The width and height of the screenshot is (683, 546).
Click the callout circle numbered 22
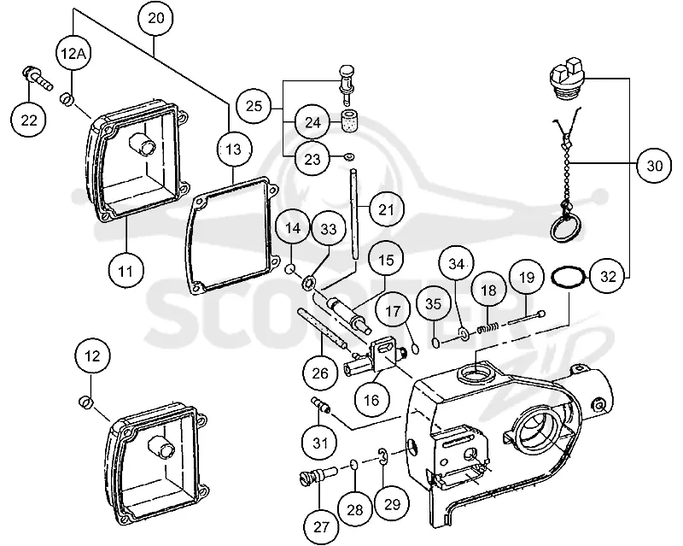[29, 120]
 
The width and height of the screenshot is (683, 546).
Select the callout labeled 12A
[73, 53]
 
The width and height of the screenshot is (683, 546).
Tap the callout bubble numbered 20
[156, 18]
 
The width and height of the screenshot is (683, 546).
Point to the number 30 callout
[654, 166]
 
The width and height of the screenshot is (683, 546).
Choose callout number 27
[321, 527]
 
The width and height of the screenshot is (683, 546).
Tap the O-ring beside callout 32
[569, 278]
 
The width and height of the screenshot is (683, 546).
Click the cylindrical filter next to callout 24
[349, 122]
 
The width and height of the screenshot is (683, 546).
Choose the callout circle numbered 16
[371, 400]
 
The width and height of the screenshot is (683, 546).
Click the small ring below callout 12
[85, 402]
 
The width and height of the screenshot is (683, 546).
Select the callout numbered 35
[433, 304]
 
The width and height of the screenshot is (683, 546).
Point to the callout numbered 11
[126, 271]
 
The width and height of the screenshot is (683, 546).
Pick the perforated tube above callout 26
[322, 329]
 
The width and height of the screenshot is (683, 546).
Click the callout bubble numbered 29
[392, 504]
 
